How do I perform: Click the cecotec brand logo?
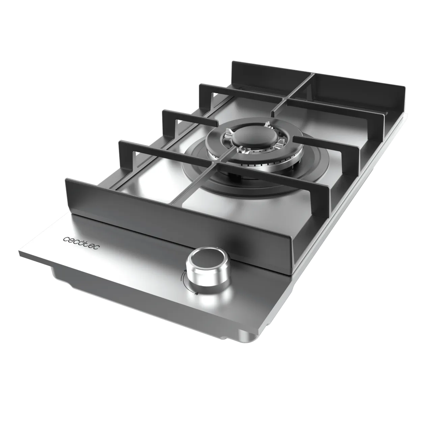pos(81,243)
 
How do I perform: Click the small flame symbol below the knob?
pos(196,294)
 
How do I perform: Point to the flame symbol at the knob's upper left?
pos(185,271)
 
